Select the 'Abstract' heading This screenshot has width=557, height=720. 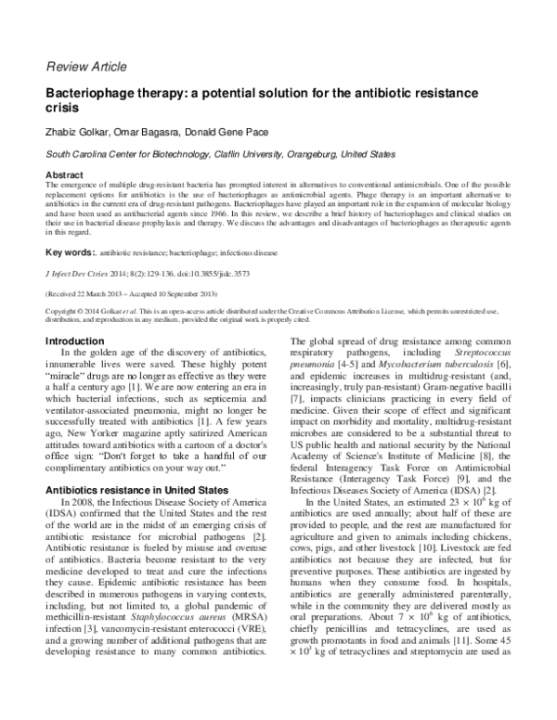[x=64, y=175]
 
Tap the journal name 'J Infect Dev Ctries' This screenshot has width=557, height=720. [x=77, y=276]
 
